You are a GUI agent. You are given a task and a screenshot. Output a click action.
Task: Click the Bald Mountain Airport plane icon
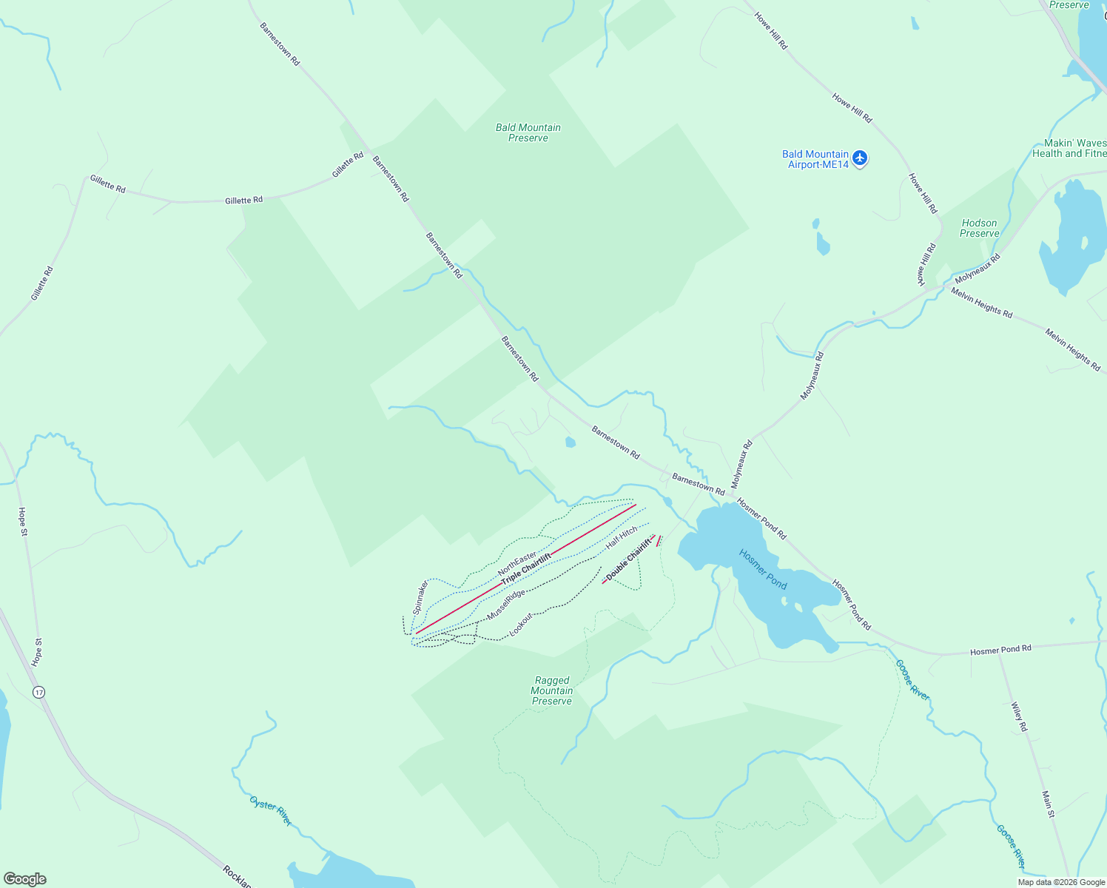tap(859, 158)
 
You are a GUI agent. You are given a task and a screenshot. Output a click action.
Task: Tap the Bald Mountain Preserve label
tap(528, 132)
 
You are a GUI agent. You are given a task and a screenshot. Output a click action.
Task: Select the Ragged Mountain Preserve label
tap(552, 690)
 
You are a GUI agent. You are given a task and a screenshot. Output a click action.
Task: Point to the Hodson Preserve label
tap(979, 228)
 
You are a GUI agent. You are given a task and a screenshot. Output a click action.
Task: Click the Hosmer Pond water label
tap(763, 569)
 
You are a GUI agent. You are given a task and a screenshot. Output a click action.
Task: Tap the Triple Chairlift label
tap(526, 569)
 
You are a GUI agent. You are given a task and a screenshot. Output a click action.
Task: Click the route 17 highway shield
tap(38, 692)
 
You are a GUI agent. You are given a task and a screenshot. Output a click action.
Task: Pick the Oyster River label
tap(271, 812)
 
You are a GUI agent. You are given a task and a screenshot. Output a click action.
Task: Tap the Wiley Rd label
tap(1020, 717)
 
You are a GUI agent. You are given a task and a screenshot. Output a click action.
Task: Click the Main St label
tap(1048, 804)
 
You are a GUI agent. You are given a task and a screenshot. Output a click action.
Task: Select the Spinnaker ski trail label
tap(420, 598)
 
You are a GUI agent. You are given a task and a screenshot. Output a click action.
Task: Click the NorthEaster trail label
tap(517, 564)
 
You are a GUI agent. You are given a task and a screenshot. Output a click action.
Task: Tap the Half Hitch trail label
tap(622, 537)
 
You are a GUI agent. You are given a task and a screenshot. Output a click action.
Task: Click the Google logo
tap(25, 879)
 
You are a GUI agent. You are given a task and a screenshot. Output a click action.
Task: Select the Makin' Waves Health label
tap(1069, 148)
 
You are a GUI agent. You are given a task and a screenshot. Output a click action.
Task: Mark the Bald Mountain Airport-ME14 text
tap(815, 159)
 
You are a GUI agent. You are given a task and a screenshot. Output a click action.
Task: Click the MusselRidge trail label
tap(506, 605)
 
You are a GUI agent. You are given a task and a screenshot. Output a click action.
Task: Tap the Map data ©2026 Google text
tap(1061, 882)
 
